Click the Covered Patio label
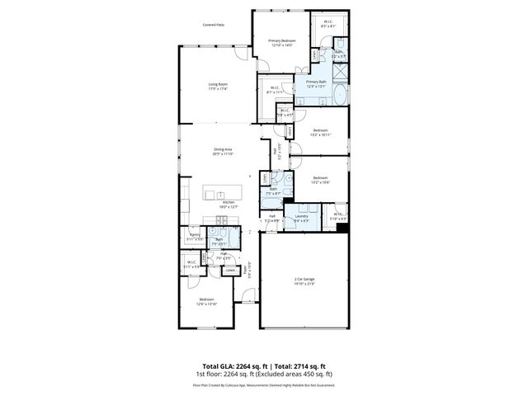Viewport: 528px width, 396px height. click(x=214, y=25)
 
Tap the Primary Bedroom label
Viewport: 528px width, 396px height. click(x=281, y=42)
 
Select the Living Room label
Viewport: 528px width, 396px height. click(x=218, y=86)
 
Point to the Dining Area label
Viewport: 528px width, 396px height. click(x=224, y=151)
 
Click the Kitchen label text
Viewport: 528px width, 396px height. click(x=229, y=204)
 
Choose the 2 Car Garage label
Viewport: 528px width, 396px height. click(x=304, y=281)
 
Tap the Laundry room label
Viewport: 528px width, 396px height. click(x=302, y=218)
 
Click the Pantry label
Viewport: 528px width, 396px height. click(x=196, y=236)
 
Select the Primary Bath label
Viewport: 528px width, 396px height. click(x=317, y=83)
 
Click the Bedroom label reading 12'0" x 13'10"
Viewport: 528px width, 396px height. click(x=205, y=301)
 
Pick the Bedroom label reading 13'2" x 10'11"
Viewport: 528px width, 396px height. click(x=320, y=132)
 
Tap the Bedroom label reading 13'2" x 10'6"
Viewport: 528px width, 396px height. click(x=320, y=179)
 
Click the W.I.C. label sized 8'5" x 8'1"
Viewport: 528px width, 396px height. click(x=328, y=24)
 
